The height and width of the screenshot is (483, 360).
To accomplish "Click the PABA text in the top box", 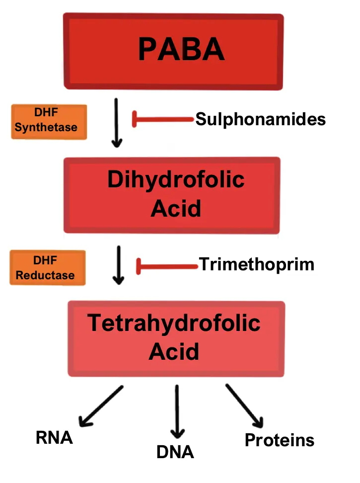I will pyautogui.click(x=181, y=50).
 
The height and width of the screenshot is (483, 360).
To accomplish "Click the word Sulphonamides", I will pyautogui.click(x=260, y=119).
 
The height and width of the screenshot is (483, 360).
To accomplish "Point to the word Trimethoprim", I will pyautogui.click(x=256, y=264).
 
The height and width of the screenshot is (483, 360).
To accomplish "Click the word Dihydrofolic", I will pyautogui.click(x=176, y=179).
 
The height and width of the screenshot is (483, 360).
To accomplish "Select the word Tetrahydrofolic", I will pyautogui.click(x=174, y=323).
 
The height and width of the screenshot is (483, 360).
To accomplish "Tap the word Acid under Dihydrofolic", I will pyautogui.click(x=175, y=209).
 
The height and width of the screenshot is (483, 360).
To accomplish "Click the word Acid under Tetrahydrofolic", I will pyautogui.click(x=174, y=352).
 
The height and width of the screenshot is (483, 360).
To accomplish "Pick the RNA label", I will pyautogui.click(x=54, y=438).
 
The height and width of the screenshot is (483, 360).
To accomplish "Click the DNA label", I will pyautogui.click(x=175, y=452).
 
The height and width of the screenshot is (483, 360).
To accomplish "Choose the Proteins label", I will pyautogui.click(x=279, y=440).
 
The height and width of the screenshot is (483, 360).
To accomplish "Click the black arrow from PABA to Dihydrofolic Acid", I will pyautogui.click(x=117, y=123).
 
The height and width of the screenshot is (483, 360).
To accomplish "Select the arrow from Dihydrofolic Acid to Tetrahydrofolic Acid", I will pyautogui.click(x=118, y=265).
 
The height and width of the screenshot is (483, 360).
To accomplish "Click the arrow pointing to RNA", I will pyautogui.click(x=101, y=406).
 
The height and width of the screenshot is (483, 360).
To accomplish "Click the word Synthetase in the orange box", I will pyautogui.click(x=46, y=128).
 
